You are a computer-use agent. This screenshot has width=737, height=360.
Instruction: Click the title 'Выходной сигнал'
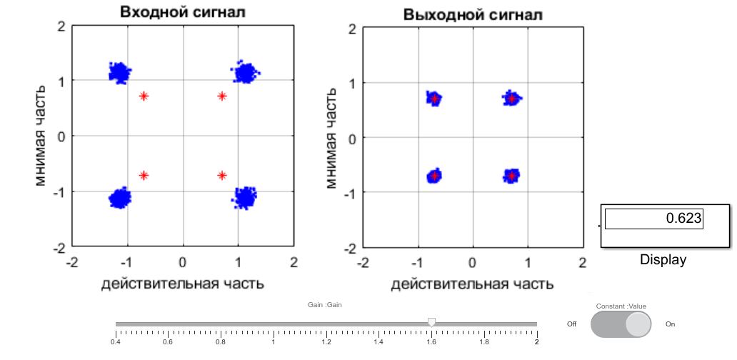472,14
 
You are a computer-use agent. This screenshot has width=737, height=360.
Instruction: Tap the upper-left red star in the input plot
144,96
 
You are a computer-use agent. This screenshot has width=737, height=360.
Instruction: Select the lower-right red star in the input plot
222,175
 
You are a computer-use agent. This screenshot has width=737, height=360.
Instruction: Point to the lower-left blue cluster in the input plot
120,198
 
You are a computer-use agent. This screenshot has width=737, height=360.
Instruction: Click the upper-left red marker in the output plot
433,99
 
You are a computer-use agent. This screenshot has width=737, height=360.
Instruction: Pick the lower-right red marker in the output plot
511,175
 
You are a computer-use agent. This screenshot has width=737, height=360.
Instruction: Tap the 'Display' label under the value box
663,259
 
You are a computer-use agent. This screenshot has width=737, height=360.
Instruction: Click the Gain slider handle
431,323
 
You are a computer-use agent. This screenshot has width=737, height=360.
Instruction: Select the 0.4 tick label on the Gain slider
115,342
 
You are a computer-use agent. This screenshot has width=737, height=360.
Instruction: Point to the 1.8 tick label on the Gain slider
483,342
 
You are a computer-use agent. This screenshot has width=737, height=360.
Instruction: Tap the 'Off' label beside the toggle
571,324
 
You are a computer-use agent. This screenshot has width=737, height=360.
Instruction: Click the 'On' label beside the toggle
670,324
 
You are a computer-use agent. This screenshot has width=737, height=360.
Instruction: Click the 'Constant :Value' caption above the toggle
621,306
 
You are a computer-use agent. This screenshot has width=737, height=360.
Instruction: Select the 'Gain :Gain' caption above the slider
326,305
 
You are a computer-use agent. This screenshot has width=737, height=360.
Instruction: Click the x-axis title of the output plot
472,284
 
